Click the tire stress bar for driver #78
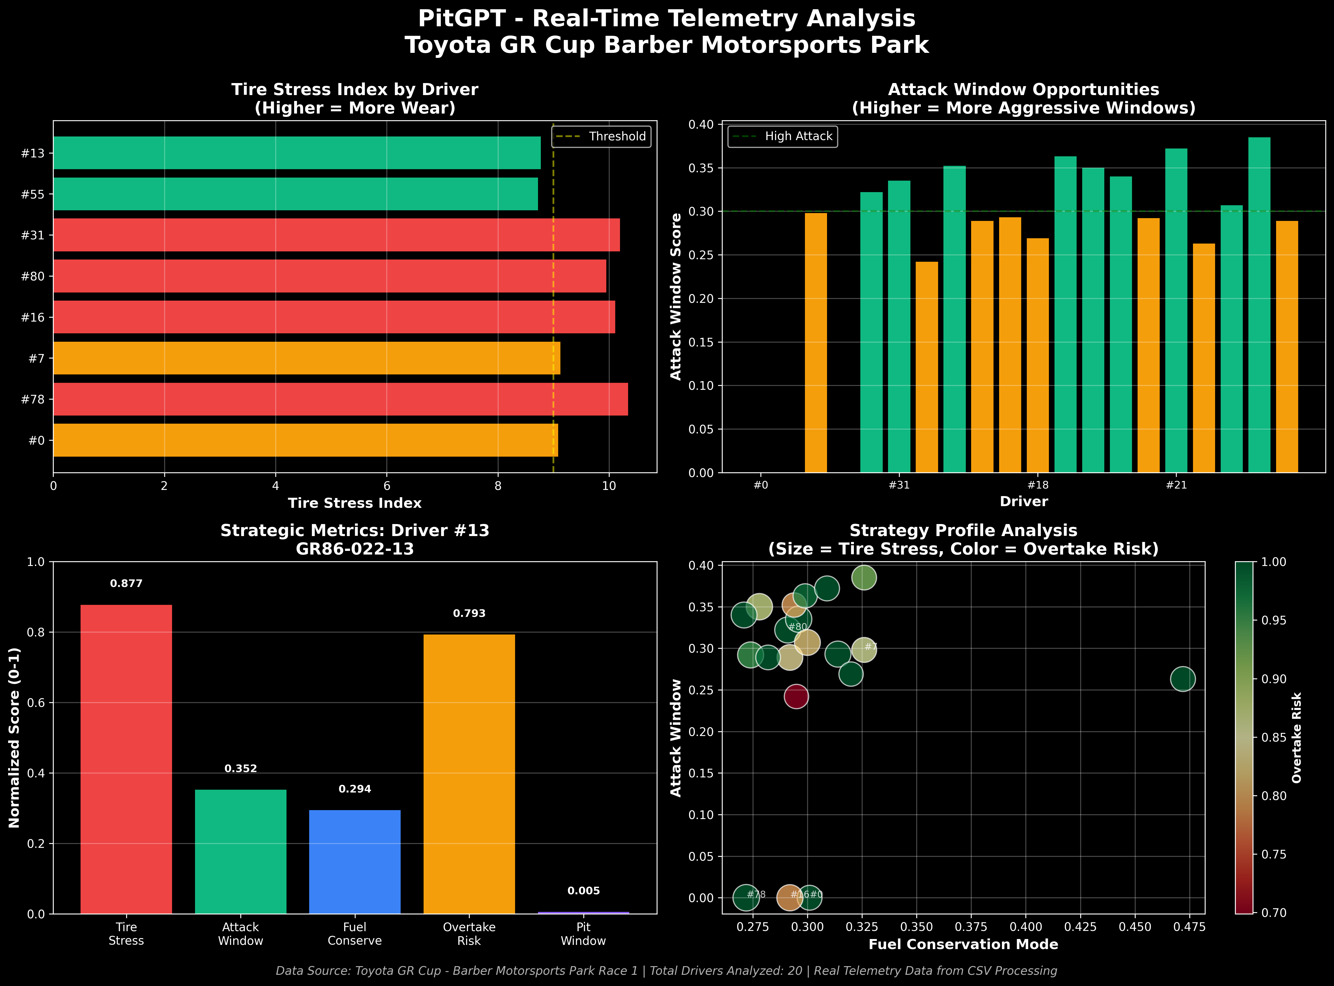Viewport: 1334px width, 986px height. pyautogui.click(x=340, y=399)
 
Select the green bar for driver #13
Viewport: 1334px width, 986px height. pyautogui.click(x=297, y=153)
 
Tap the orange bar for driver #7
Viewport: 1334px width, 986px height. pyautogui.click(x=306, y=358)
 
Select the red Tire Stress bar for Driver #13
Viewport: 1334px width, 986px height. pyautogui.click(x=126, y=759)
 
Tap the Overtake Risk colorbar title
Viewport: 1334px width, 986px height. pyautogui.click(x=1297, y=738)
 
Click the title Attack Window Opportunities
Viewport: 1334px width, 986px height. pyautogui.click(x=1023, y=89)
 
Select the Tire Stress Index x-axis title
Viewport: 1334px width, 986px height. pyautogui.click(x=355, y=503)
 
